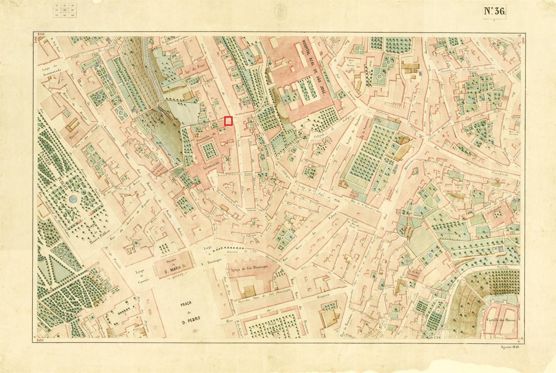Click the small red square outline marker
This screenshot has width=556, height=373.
point(228,121)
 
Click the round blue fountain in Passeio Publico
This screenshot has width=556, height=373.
point(73,200)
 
